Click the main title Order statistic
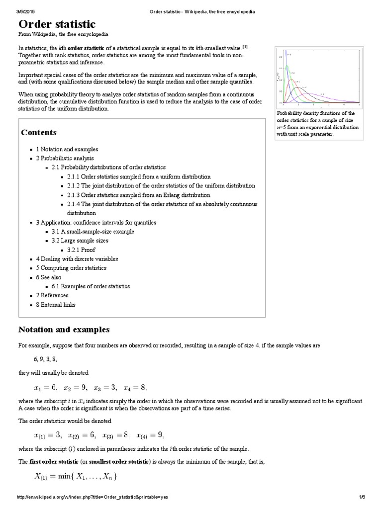(57, 24)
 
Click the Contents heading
(39, 132)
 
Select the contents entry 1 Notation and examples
(67, 149)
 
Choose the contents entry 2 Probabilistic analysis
(65, 158)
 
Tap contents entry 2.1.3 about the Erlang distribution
(139, 195)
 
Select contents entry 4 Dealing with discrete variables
(77, 259)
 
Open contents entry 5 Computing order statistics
(71, 268)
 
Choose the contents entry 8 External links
(56, 304)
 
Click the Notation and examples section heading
(64, 330)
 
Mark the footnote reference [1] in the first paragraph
(245, 47)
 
